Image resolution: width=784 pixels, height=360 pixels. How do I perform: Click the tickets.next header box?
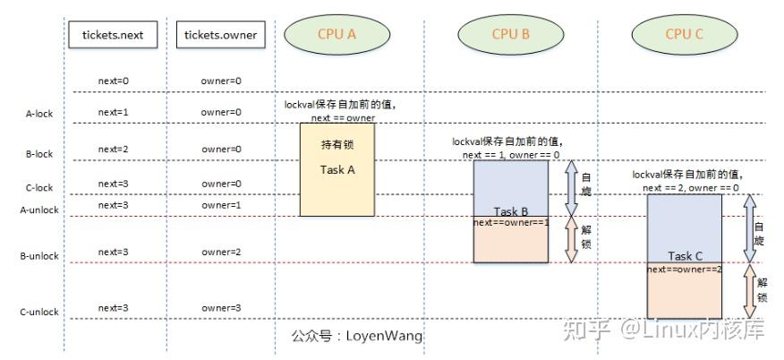click(113, 35)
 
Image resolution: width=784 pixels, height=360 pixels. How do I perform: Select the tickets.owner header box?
click(220, 35)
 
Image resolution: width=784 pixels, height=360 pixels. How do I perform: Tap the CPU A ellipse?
click(337, 34)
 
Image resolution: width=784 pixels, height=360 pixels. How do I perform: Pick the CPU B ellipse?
click(511, 34)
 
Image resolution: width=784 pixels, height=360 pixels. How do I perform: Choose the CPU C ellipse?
click(684, 34)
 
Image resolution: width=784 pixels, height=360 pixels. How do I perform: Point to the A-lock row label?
click(38, 114)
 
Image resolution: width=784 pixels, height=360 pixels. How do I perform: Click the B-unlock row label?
click(38, 256)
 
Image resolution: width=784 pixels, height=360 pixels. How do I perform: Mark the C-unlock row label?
click(38, 313)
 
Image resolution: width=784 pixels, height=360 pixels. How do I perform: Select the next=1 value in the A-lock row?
click(114, 112)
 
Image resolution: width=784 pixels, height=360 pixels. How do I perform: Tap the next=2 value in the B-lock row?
click(114, 149)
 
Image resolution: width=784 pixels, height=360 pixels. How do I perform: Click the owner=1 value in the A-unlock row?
click(221, 205)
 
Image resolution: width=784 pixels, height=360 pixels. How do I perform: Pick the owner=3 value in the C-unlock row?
click(221, 308)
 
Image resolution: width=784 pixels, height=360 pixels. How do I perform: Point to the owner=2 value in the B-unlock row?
click(221, 252)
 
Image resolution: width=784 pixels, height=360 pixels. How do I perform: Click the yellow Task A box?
click(337, 170)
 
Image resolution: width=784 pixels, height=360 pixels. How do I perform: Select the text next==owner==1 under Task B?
click(511, 222)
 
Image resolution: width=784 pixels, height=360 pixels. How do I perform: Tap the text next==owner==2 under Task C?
click(685, 269)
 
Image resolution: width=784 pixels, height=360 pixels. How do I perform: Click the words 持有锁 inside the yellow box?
click(337, 145)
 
